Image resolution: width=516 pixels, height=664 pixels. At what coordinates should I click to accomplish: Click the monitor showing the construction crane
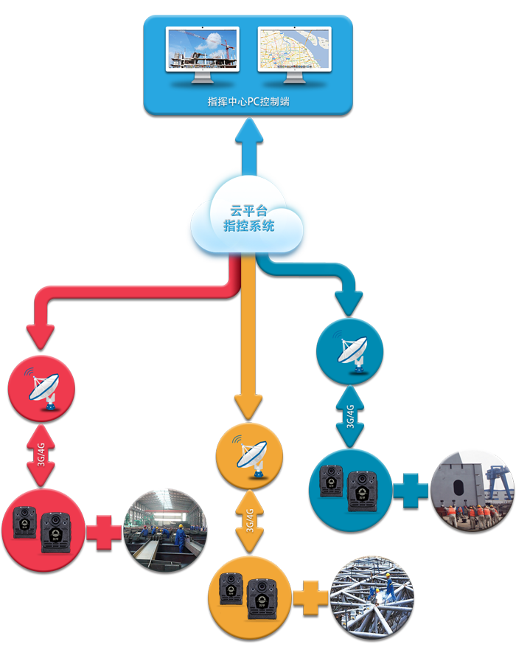[202, 49]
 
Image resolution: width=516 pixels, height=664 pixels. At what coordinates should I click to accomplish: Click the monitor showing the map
[294, 49]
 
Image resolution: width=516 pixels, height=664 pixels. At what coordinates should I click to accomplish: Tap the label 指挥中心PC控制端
[248, 101]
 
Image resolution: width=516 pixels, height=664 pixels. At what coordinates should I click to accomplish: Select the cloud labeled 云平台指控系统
[248, 219]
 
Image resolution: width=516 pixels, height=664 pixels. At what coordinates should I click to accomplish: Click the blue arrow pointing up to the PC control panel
[248, 144]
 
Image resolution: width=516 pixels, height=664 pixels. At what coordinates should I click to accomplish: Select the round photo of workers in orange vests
[472, 491]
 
